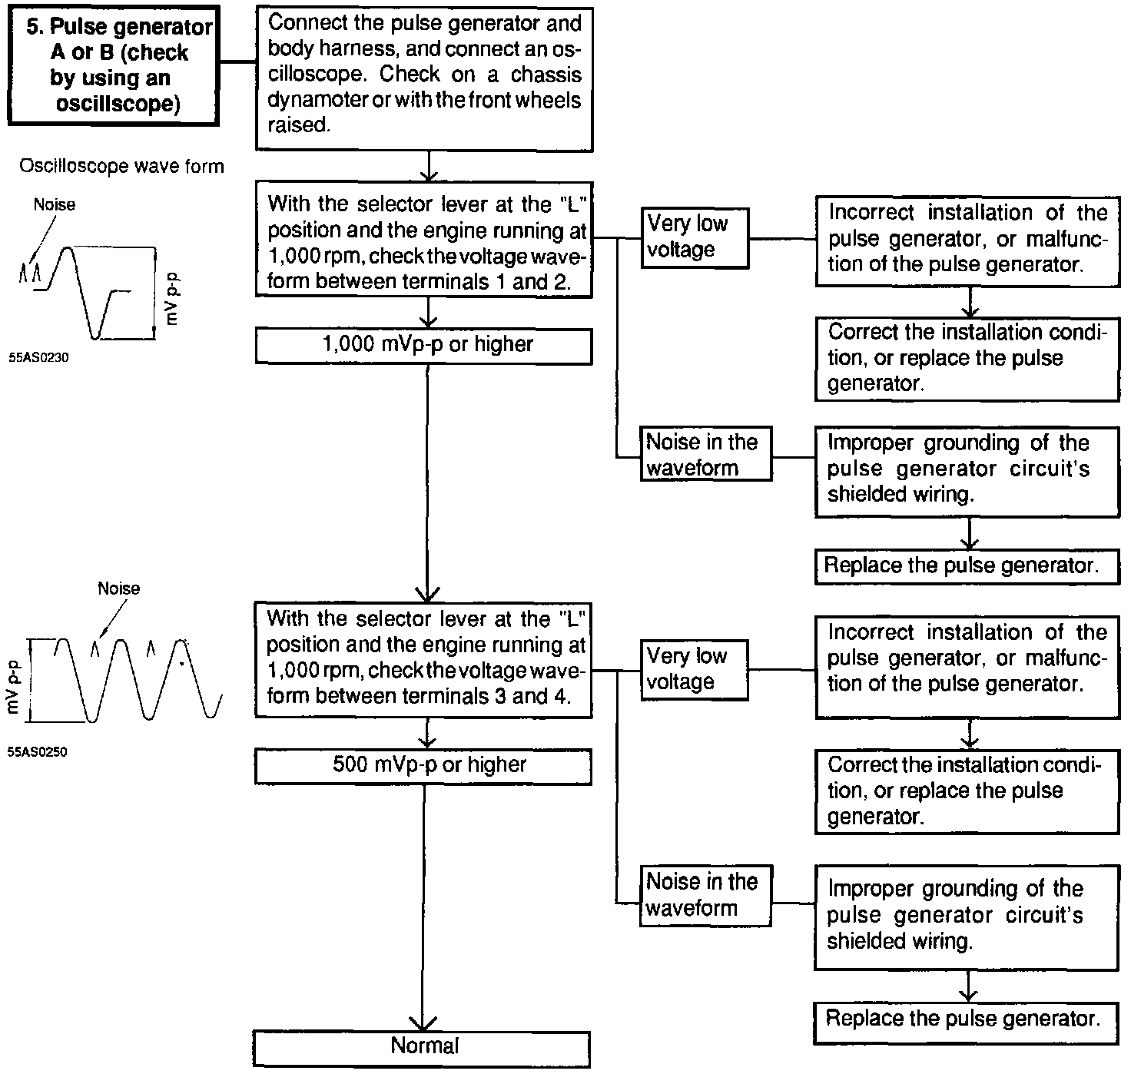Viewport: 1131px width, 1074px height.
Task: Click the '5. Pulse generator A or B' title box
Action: tap(112, 65)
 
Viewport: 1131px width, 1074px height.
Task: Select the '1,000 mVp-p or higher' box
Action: tap(424, 345)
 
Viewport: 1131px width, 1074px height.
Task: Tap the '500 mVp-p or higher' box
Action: tap(424, 765)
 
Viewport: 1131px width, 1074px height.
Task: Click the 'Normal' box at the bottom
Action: tap(422, 1047)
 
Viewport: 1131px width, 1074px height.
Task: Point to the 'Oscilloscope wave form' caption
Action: tap(121, 167)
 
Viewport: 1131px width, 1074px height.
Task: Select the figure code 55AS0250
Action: tap(38, 753)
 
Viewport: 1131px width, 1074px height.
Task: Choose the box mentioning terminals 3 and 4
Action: tap(424, 658)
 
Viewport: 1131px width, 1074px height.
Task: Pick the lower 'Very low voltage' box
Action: tap(695, 669)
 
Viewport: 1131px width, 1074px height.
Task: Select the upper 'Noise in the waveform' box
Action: tap(705, 455)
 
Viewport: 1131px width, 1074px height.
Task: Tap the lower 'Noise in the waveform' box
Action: tap(705, 895)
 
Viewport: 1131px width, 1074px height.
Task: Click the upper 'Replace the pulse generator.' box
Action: tap(967, 566)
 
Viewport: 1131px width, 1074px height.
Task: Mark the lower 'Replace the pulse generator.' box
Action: tap(964, 1019)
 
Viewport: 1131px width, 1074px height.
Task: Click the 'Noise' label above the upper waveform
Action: tap(55, 205)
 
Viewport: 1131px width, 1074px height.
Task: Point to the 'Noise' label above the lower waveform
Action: tap(119, 589)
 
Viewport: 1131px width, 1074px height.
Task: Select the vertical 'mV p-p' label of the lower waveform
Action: tap(12, 690)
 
